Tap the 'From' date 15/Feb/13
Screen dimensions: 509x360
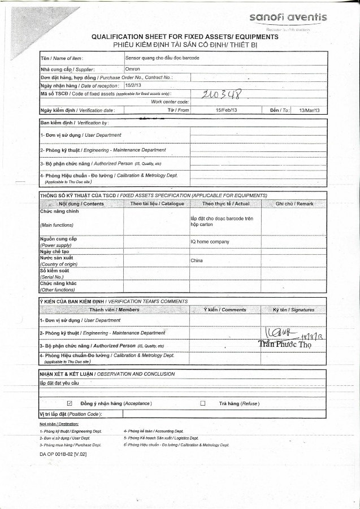(220, 110)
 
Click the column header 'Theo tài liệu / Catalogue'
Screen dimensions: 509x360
(157, 203)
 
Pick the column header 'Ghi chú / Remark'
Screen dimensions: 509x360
(294, 203)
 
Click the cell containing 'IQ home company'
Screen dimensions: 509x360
(209, 242)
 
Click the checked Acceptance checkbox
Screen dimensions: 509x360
(70, 403)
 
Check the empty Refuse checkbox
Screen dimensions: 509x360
(202, 403)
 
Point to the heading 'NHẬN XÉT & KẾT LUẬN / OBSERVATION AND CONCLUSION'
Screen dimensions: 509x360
(107, 374)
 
